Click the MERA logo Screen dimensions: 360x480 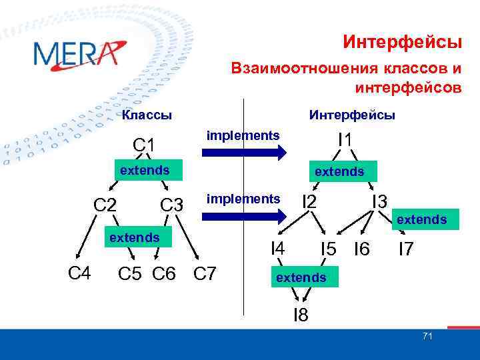tap(79, 53)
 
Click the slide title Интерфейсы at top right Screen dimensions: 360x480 tap(402, 43)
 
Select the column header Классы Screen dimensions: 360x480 tap(147, 115)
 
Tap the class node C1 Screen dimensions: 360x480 tap(144, 145)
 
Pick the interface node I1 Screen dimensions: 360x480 tap(345, 141)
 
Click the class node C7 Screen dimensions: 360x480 tap(204, 273)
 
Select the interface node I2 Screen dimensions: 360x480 tap(309, 201)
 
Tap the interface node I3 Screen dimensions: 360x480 tap(380, 201)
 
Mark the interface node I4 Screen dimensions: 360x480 tap(277, 249)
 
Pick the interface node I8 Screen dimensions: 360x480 tap(301, 315)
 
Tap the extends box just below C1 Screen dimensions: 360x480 tap(145, 170)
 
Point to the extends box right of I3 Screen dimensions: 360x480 tap(421, 219)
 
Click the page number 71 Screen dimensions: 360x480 tap(427, 336)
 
